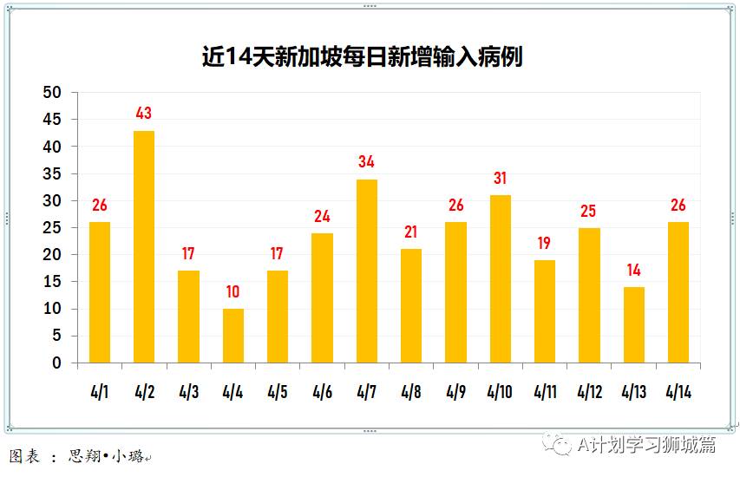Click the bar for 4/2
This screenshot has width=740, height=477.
(144, 247)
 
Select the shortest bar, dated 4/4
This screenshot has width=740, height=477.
(232, 336)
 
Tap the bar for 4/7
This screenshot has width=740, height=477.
(367, 271)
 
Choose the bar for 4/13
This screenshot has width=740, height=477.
(634, 325)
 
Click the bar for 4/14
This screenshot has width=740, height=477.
(678, 292)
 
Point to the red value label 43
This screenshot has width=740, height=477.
(144, 114)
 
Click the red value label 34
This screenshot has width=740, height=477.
(367, 162)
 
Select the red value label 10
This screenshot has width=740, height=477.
(232, 292)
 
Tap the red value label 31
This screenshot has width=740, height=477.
(501, 179)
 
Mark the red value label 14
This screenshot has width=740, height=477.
(634, 270)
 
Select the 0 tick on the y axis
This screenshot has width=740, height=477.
(57, 363)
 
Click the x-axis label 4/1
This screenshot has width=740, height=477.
(100, 392)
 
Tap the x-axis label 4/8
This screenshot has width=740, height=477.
(411, 392)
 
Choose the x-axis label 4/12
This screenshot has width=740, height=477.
(590, 392)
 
